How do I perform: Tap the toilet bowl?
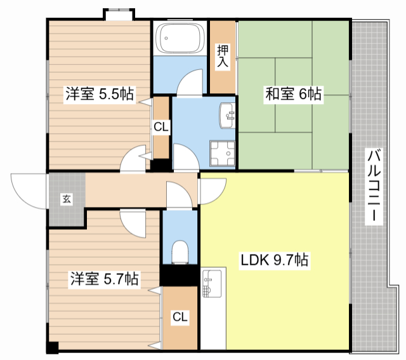tap(180, 252)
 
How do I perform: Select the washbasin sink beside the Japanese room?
tap(227, 116)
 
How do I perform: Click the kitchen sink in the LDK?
tap(212, 283)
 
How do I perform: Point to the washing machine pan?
tap(223, 154)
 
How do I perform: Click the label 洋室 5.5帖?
tap(100, 94)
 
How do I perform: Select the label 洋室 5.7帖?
tap(104, 279)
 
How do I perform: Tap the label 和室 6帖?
tap(293, 94)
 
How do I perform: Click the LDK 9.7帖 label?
tap(275, 260)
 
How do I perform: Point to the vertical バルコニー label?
tap(374, 186)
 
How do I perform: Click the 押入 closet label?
tap(223, 56)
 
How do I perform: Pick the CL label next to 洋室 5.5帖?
tap(161, 127)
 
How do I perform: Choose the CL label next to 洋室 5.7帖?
tap(180, 317)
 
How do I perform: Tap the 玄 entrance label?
tap(67, 199)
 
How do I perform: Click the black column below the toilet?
tap(179, 275)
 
